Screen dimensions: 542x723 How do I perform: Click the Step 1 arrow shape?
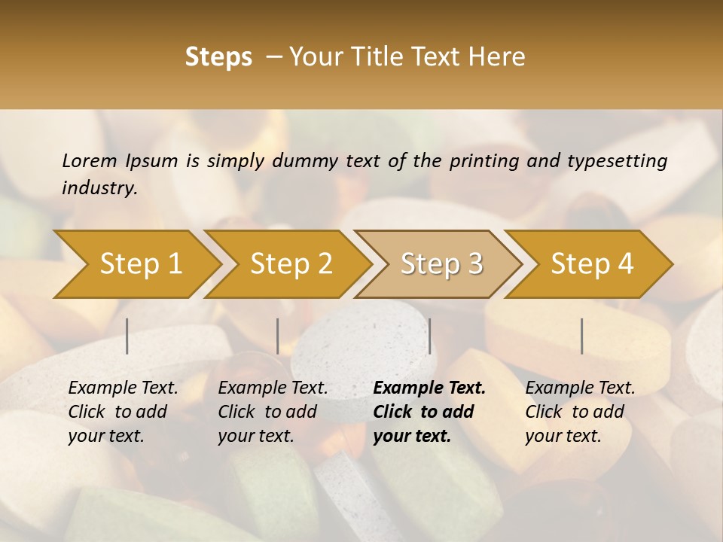(x=140, y=264)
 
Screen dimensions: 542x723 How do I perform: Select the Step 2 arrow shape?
(x=291, y=264)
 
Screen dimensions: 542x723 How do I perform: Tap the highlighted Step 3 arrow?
(x=441, y=264)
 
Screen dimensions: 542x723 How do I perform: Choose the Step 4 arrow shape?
(x=592, y=264)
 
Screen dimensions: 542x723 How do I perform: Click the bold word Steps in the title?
(x=218, y=57)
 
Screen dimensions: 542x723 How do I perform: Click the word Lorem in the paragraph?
(x=90, y=160)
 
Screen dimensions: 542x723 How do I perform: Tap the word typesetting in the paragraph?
(x=617, y=160)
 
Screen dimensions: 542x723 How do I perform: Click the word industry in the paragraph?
(x=99, y=187)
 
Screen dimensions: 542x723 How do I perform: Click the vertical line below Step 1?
(x=127, y=336)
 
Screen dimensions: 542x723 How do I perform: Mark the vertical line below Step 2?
(x=278, y=336)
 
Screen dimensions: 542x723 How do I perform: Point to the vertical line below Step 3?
(x=429, y=336)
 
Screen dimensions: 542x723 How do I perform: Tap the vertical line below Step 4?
(x=582, y=336)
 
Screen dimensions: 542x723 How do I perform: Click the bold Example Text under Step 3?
(x=429, y=388)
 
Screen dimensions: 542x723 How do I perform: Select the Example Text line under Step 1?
(x=123, y=388)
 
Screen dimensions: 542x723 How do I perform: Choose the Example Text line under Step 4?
(x=580, y=388)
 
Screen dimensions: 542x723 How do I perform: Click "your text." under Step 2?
(x=256, y=436)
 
